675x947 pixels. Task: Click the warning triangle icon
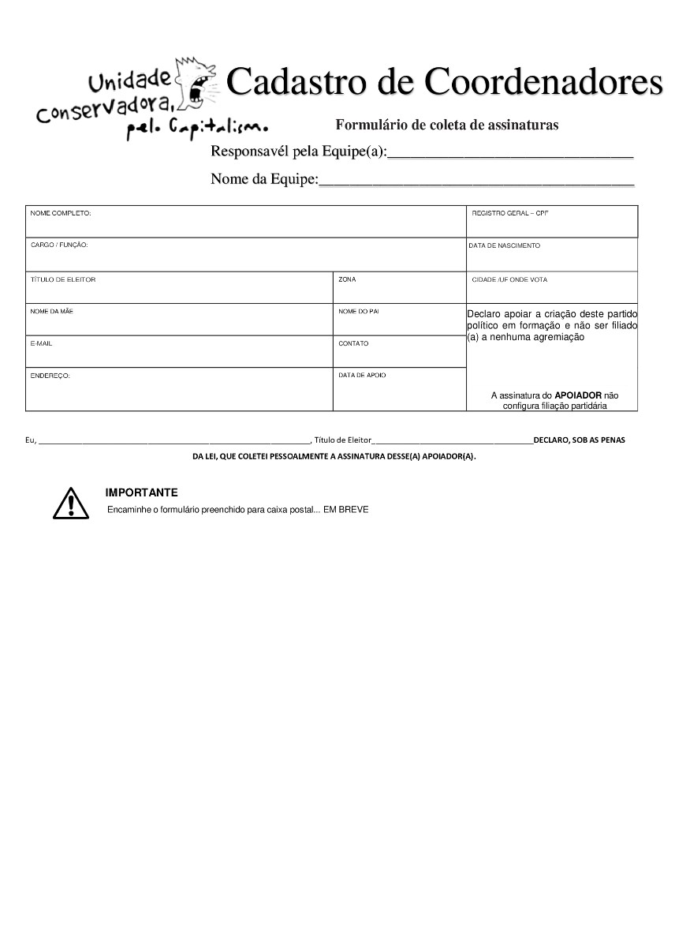point(71,503)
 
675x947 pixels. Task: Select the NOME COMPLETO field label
point(61,213)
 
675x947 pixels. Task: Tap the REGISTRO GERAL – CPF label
point(509,213)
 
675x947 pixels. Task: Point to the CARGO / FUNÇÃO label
point(59,245)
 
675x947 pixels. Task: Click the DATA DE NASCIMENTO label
point(505,245)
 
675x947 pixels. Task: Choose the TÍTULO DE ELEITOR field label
point(63,279)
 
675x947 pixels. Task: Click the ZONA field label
point(347,279)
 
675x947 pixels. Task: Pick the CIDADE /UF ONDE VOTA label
point(509,279)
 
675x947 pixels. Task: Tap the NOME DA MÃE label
point(52,312)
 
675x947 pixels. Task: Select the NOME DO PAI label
point(359,312)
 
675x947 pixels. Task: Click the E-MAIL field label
point(41,343)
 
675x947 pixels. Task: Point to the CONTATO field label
point(353,343)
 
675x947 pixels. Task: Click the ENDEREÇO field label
point(50,376)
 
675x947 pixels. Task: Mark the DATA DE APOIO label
point(363,376)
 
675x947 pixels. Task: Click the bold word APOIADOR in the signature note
point(578,395)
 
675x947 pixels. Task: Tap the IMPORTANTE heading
point(142,492)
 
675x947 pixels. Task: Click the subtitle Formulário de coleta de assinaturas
point(446,125)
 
